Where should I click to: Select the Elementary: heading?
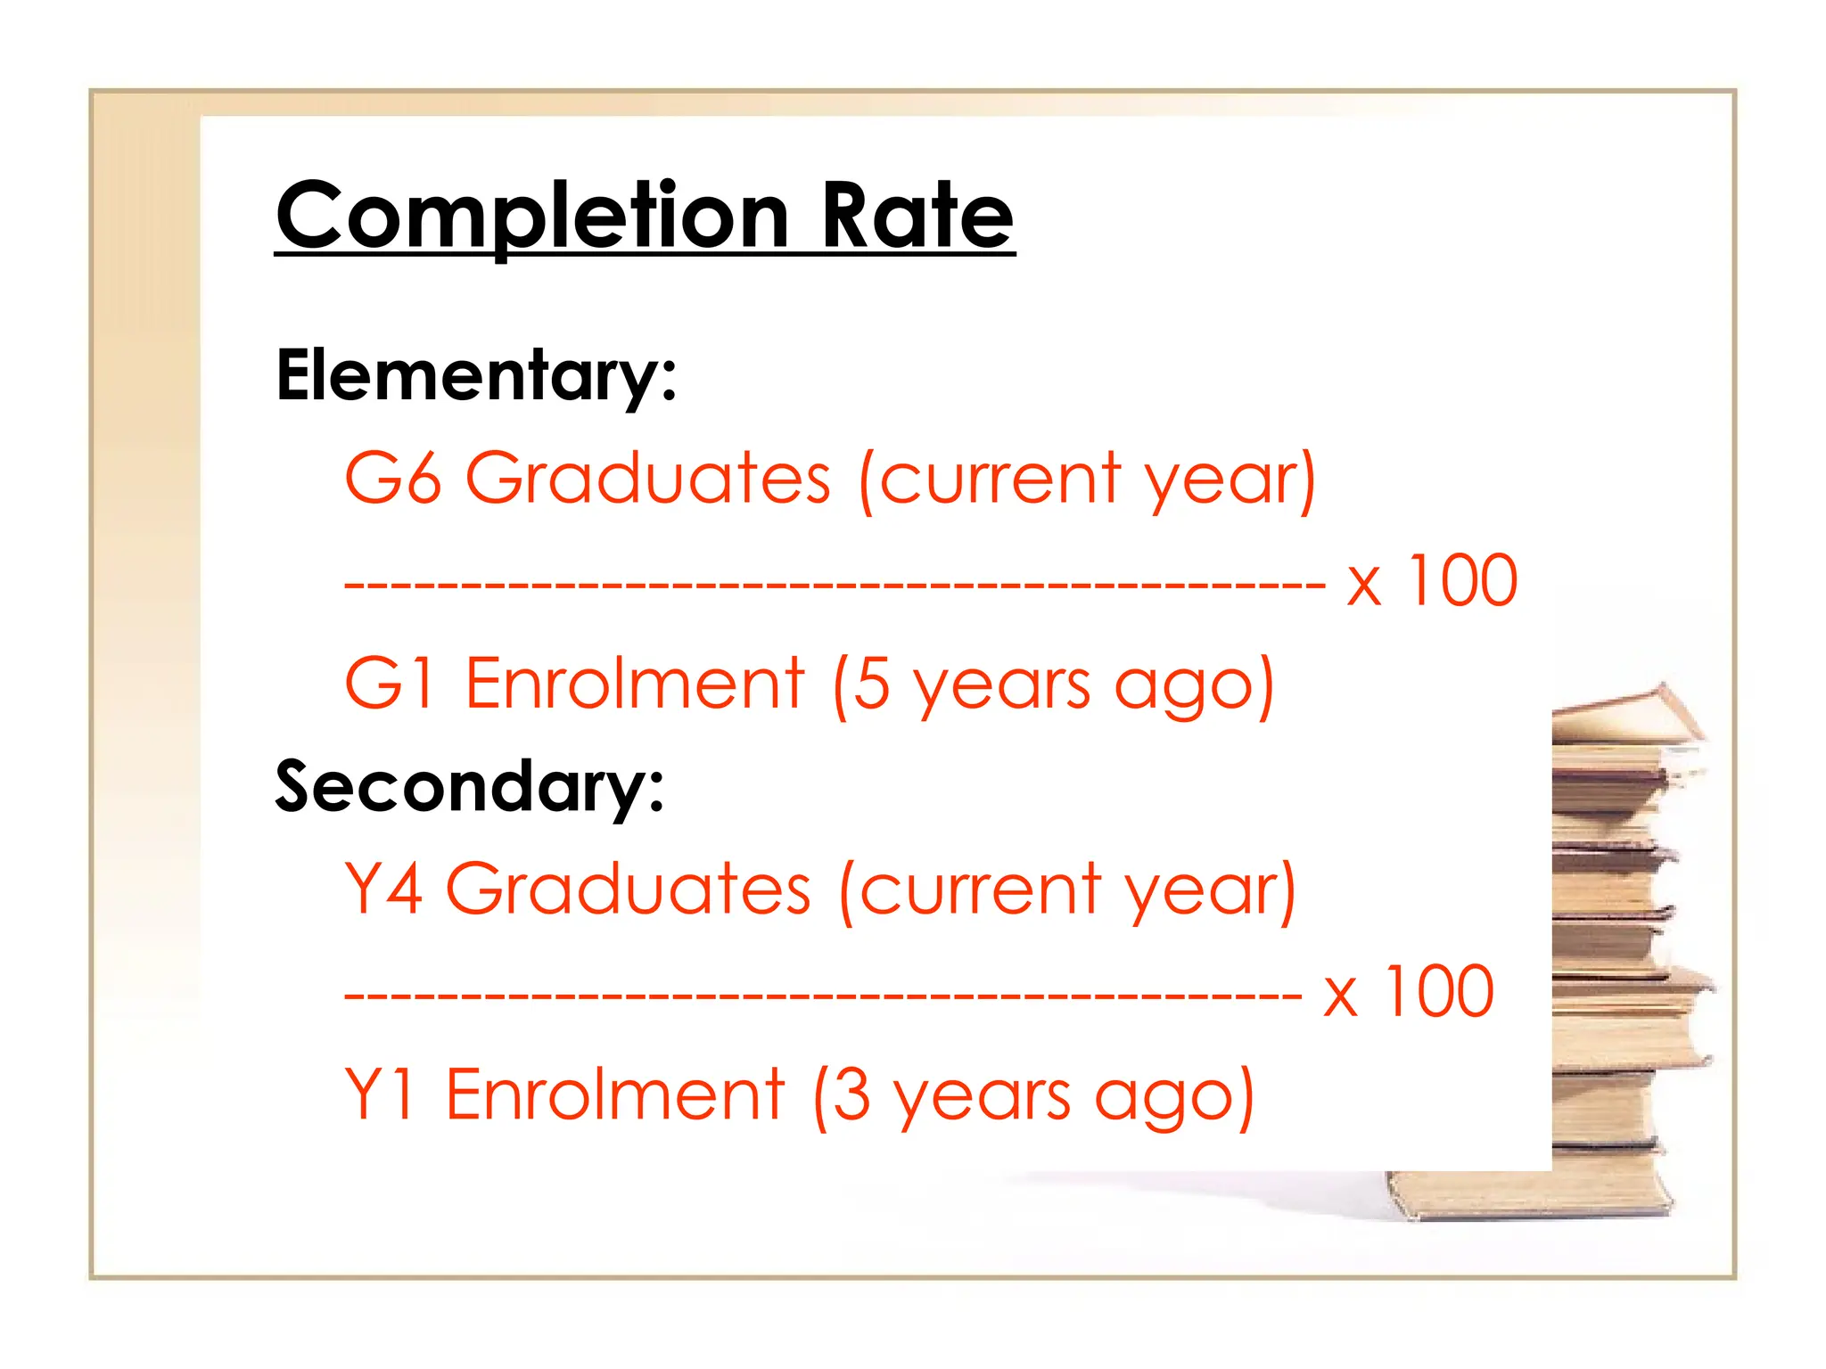tap(476, 376)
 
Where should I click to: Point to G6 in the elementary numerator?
tap(393, 479)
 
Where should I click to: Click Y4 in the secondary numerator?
tap(383, 889)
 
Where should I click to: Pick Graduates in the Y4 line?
tap(628, 889)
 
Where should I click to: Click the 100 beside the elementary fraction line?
tap(1462, 581)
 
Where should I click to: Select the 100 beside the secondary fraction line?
tap(1438, 991)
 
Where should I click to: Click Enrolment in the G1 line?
tap(635, 684)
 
